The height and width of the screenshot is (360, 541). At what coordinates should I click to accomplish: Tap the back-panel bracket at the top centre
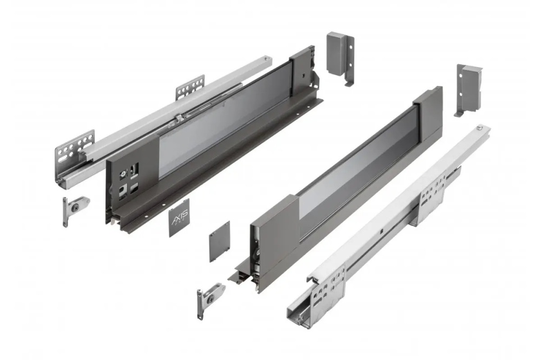(340, 57)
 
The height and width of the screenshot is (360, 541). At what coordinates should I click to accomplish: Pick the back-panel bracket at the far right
(469, 89)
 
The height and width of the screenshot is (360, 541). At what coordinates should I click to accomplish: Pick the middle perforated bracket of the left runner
(190, 87)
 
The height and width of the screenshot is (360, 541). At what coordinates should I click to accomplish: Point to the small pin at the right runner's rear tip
(480, 128)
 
